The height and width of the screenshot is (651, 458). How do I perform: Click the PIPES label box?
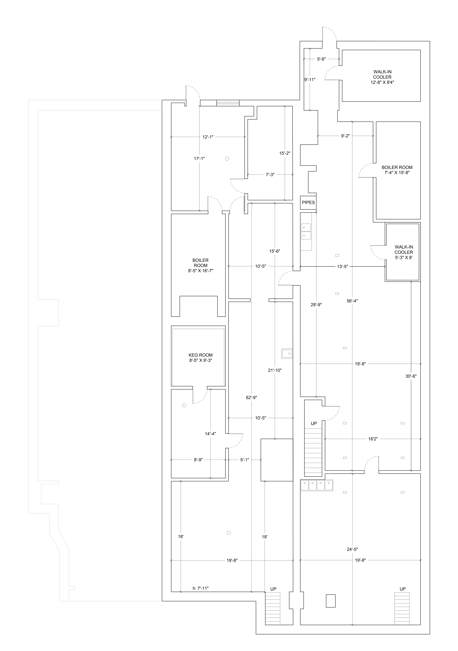308,202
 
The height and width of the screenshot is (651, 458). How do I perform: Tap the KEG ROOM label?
201,358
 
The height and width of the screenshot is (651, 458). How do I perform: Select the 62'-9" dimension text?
251,398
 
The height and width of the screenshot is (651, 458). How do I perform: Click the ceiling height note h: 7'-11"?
201,588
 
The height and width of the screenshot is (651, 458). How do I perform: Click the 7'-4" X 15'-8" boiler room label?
397,170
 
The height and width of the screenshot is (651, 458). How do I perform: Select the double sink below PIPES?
306,231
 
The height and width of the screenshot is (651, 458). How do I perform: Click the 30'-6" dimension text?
411,376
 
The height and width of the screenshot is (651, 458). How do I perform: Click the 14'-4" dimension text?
210,434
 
